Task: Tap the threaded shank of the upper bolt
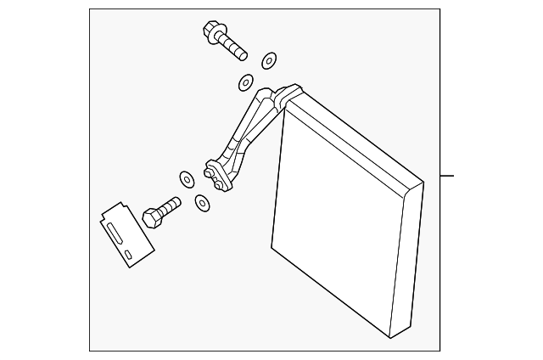[x=233, y=48]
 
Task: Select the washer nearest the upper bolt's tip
[x=268, y=59]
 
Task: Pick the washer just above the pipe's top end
[x=245, y=82]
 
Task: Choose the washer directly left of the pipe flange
[x=186, y=179]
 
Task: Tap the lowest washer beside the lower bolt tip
[x=202, y=203]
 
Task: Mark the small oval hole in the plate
[x=128, y=255]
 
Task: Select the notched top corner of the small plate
[x=118, y=206]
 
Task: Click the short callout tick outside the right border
[x=448, y=176]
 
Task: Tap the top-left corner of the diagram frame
[x=90, y=9]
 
